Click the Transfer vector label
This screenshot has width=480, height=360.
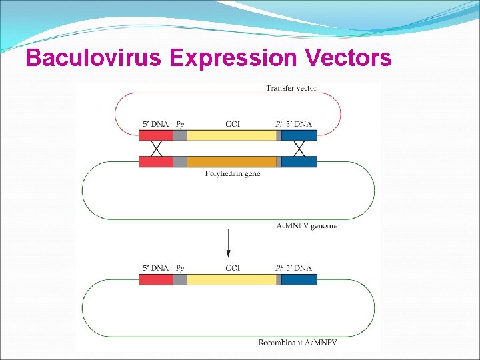pos(291,88)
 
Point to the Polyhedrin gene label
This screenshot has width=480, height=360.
pos(233,174)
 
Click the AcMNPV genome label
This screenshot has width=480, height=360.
pos(307,225)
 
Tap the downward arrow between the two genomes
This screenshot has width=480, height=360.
pos(229,244)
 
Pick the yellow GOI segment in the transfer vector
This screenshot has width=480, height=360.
pos(231,135)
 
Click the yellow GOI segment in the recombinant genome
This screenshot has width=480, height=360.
pos(231,279)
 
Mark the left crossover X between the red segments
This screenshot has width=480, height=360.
pos(157,148)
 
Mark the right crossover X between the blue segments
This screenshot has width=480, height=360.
pos(299,148)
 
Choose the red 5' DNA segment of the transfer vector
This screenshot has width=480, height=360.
pos(156,135)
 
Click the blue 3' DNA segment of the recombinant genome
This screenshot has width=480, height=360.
pos(299,279)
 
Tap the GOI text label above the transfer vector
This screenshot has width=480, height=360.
pos(233,124)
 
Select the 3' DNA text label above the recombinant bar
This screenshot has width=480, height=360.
pos(299,268)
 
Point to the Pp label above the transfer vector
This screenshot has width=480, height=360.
pos(180,124)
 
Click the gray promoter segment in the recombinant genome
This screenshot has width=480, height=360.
pos(180,279)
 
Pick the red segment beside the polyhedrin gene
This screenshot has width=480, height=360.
pos(156,161)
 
